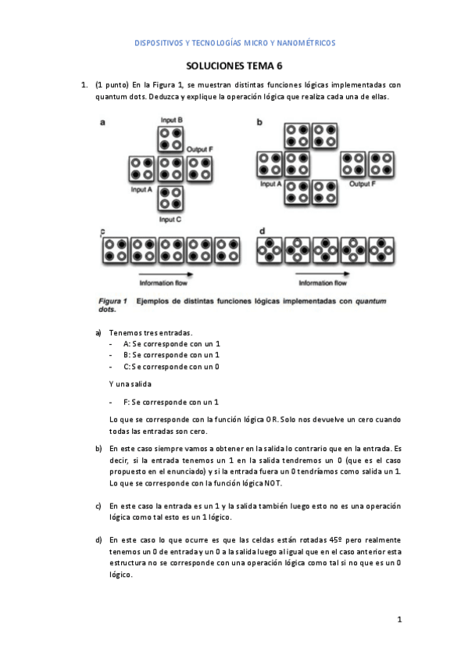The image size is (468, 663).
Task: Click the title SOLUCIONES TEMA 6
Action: coord(234,68)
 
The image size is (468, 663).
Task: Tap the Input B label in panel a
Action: coord(171,120)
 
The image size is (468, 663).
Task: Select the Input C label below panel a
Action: coord(170,220)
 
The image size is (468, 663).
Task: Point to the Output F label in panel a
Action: coord(201,148)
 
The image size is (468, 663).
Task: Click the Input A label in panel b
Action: coord(271,185)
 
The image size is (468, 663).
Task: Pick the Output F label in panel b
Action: coord(363,185)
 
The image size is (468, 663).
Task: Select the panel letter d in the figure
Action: coord(260,231)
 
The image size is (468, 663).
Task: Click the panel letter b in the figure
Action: coord(259,123)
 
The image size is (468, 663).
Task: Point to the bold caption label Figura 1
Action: coord(113,301)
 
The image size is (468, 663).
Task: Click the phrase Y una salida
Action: coord(130,384)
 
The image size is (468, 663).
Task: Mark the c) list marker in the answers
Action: coord(98,506)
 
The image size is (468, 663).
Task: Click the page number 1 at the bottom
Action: coord(399,620)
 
